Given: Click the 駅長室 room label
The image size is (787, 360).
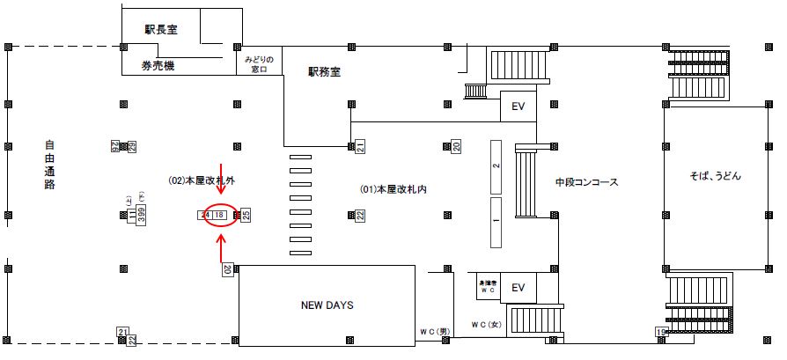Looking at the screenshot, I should [x=161, y=29].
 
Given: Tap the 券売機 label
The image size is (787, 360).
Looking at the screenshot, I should [x=158, y=66].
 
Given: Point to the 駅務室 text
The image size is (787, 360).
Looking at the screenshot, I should [x=324, y=72].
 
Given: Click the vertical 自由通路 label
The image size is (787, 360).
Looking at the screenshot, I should [x=49, y=165].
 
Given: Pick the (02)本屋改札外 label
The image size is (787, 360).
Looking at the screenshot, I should [x=202, y=180].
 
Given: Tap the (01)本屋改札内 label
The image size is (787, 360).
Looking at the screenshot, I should [x=393, y=189].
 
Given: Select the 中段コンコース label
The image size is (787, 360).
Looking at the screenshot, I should [x=586, y=183].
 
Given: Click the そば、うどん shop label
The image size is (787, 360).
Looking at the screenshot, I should [x=717, y=176].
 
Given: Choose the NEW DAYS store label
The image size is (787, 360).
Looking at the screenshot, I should [x=326, y=305].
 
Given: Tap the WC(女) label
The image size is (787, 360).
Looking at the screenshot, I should [x=485, y=325].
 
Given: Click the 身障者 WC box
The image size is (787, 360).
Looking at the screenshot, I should [x=488, y=286].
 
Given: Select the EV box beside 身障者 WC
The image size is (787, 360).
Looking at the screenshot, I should [x=518, y=287].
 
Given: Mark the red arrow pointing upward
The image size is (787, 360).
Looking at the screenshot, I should [x=221, y=250].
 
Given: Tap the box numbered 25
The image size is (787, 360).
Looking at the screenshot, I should [x=246, y=214].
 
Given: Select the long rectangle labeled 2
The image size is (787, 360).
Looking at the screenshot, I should [x=496, y=165].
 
